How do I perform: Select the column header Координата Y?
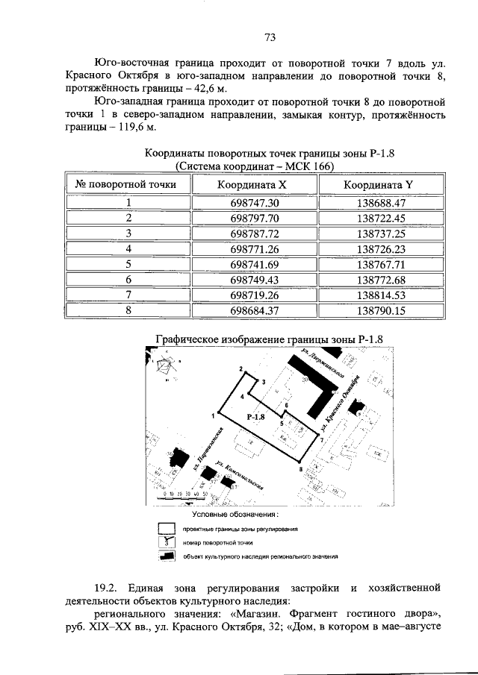380,184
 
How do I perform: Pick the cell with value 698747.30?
252,203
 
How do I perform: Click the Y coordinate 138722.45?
380,218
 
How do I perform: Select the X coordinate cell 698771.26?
252,248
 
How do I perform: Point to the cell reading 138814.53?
380,295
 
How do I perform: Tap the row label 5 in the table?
128,264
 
